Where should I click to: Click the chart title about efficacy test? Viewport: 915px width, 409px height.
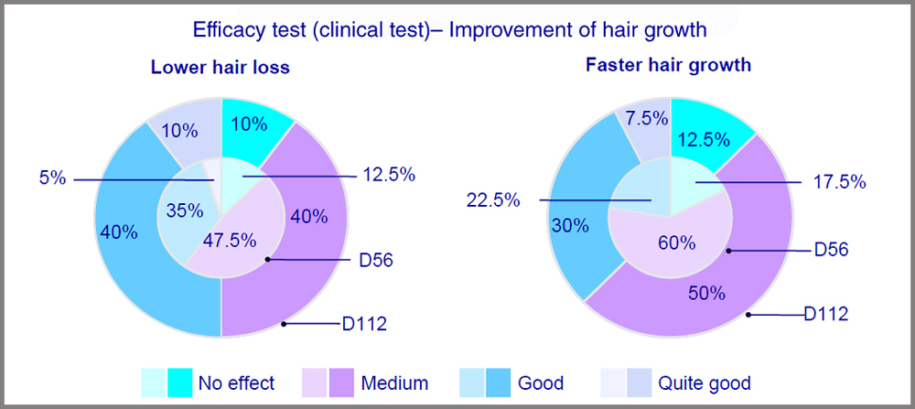449,29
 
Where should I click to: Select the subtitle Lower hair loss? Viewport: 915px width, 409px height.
221,68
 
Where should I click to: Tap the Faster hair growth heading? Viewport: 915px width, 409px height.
669,65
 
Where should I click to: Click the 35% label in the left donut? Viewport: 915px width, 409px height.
184,210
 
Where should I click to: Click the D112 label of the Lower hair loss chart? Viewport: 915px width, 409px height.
361,323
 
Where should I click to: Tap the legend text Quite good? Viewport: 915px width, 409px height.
705,382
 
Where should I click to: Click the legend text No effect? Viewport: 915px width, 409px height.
237,382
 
